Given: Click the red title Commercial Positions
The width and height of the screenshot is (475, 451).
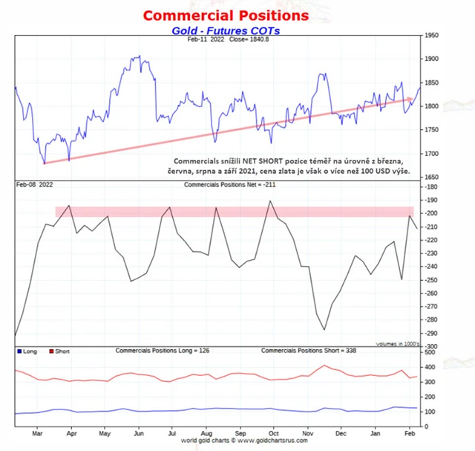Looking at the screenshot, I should pos(216,15).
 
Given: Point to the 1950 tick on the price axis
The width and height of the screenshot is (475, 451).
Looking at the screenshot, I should pos(432,35).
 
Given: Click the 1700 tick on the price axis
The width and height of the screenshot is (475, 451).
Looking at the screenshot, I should pos(432,154).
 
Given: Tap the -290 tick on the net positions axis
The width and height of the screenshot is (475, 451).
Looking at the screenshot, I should pos(431,334).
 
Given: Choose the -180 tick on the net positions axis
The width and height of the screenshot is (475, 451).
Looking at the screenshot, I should pos(431,187).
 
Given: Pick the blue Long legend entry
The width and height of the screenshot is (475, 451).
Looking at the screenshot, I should pos(27,351).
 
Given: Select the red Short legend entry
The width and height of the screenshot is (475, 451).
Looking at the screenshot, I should pos(59,351).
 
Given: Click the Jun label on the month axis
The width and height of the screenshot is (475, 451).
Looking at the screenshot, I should pos(139,432).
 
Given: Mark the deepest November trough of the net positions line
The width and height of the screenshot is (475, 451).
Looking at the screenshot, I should pos(324,330).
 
